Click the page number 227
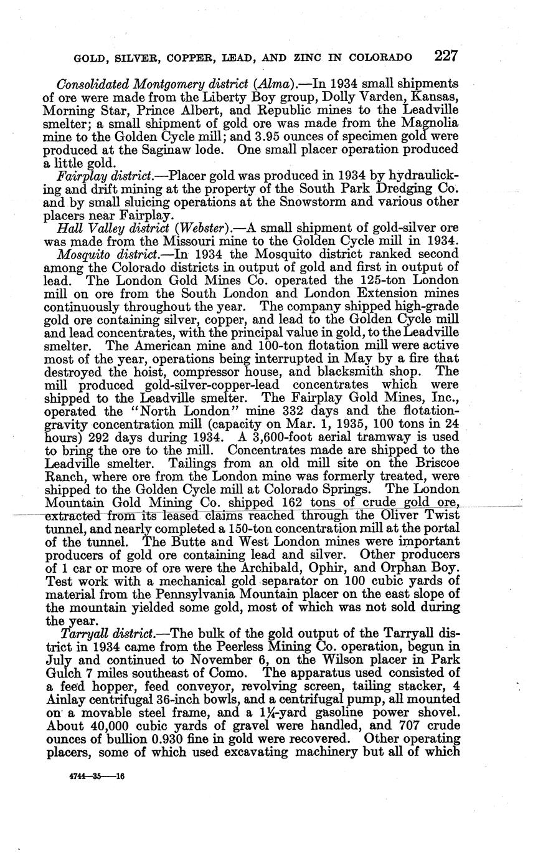(446, 55)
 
